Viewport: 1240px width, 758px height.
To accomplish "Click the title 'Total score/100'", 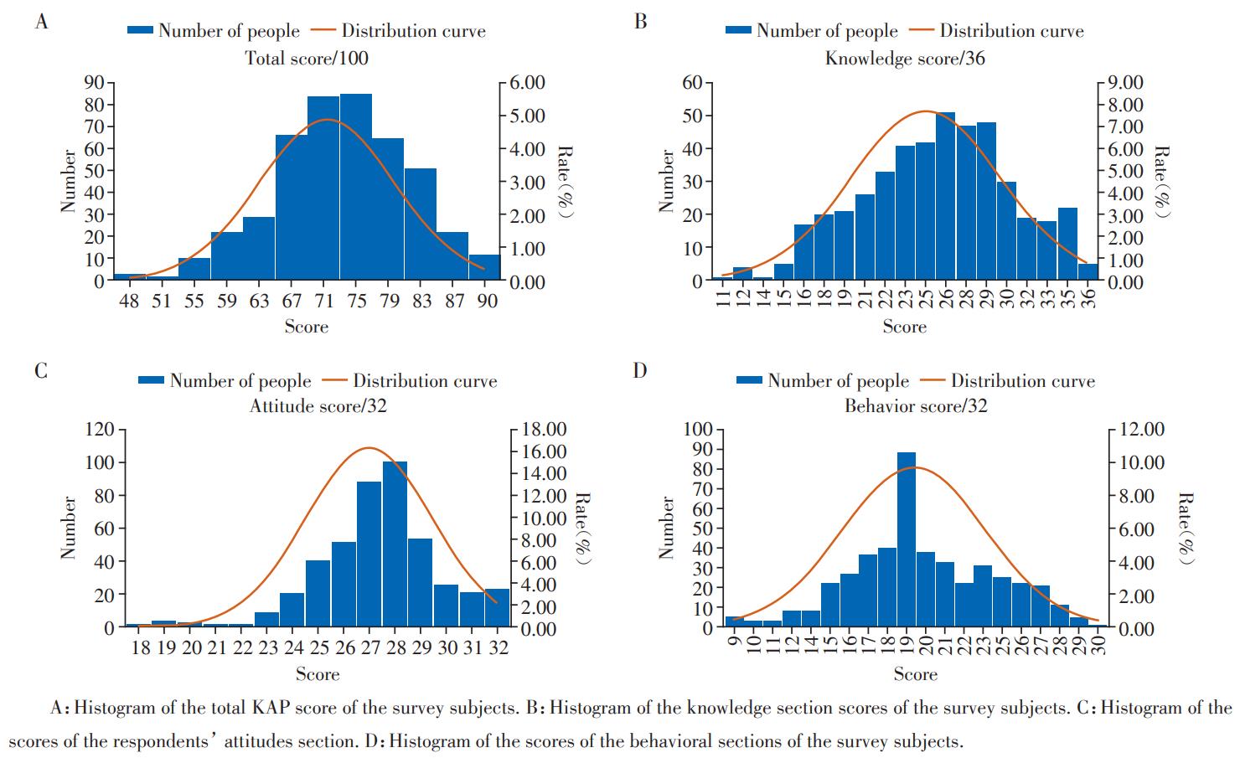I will coord(306,58).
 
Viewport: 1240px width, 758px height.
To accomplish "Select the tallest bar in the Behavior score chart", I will coord(906,540).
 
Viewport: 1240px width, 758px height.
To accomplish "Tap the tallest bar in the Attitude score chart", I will coord(395,544).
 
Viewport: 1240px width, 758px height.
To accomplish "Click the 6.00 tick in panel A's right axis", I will coord(524,83).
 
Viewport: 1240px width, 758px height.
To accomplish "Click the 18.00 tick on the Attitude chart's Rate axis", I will coord(544,430).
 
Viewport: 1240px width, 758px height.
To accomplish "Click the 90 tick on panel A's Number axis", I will coord(92,82).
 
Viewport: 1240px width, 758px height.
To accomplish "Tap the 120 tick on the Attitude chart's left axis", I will coord(98,430).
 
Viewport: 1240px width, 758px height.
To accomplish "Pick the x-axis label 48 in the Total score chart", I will coord(129,302).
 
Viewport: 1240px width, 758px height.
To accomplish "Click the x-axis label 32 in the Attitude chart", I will coord(499,648).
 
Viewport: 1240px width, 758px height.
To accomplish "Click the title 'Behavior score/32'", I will coord(915,406).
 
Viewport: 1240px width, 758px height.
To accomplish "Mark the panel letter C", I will coord(41,371).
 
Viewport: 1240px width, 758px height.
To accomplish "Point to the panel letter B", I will coord(640,22).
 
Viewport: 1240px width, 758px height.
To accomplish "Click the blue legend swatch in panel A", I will coord(140,31).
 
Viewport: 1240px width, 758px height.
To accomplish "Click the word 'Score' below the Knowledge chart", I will coord(904,326).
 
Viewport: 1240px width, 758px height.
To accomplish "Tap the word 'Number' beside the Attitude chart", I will coord(69,528).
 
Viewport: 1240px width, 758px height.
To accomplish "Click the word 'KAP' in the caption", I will coord(270,708).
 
